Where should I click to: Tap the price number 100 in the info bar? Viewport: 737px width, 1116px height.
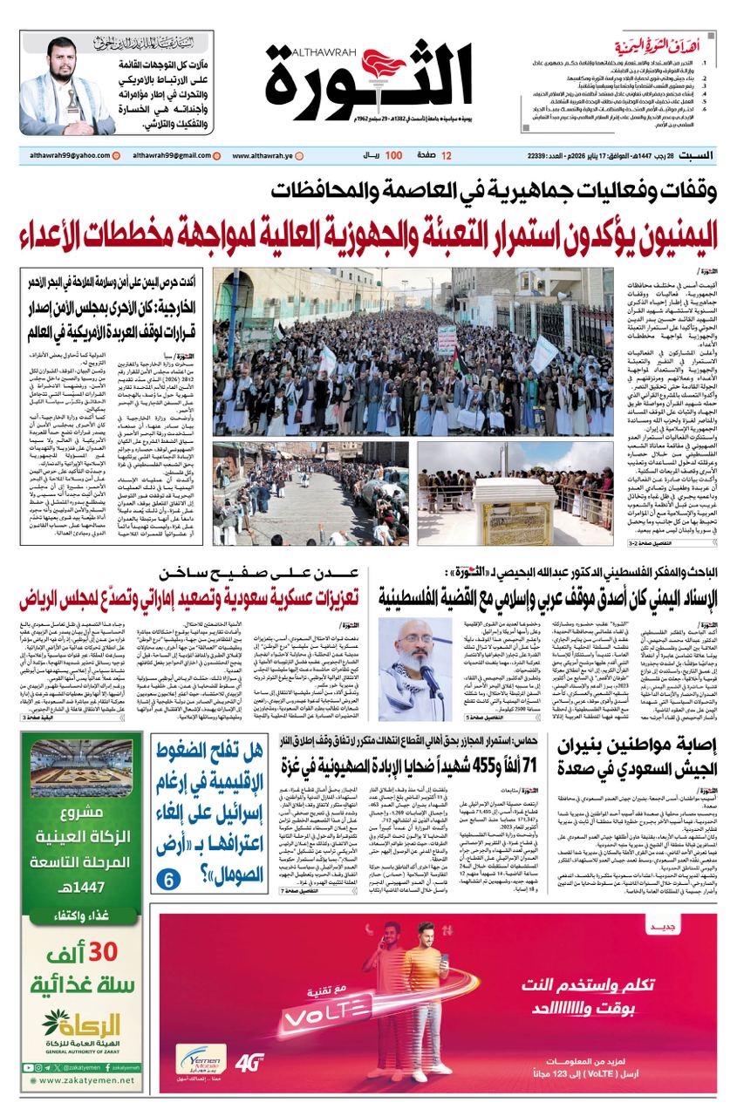[x=393, y=155]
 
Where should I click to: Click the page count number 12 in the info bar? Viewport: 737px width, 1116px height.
[x=447, y=155]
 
